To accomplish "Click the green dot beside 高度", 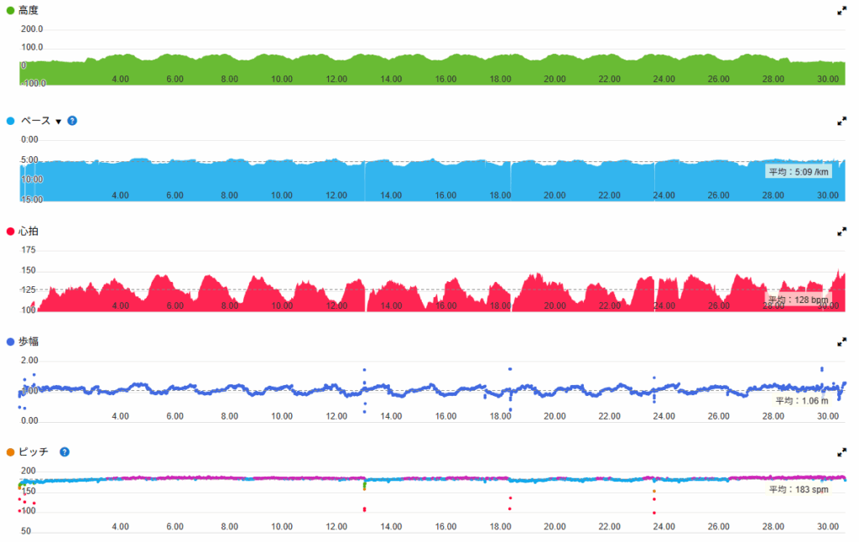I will (x=10, y=11).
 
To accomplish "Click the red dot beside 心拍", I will (x=10, y=231).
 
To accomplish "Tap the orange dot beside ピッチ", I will (x=10, y=452).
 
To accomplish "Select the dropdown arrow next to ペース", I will (x=59, y=122).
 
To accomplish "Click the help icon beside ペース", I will (x=72, y=121).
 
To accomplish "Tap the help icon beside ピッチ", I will (x=65, y=452).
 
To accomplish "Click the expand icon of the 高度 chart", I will (x=841, y=11).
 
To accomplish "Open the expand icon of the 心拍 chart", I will (x=841, y=231).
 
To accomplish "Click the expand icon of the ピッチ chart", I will (x=841, y=452).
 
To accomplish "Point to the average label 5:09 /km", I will (x=799, y=172).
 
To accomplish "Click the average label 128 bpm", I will (x=796, y=300).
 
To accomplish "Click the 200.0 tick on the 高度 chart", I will (x=32, y=29).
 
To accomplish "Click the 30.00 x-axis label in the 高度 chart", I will (x=828, y=79).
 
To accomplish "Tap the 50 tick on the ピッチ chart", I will (x=26, y=531).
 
